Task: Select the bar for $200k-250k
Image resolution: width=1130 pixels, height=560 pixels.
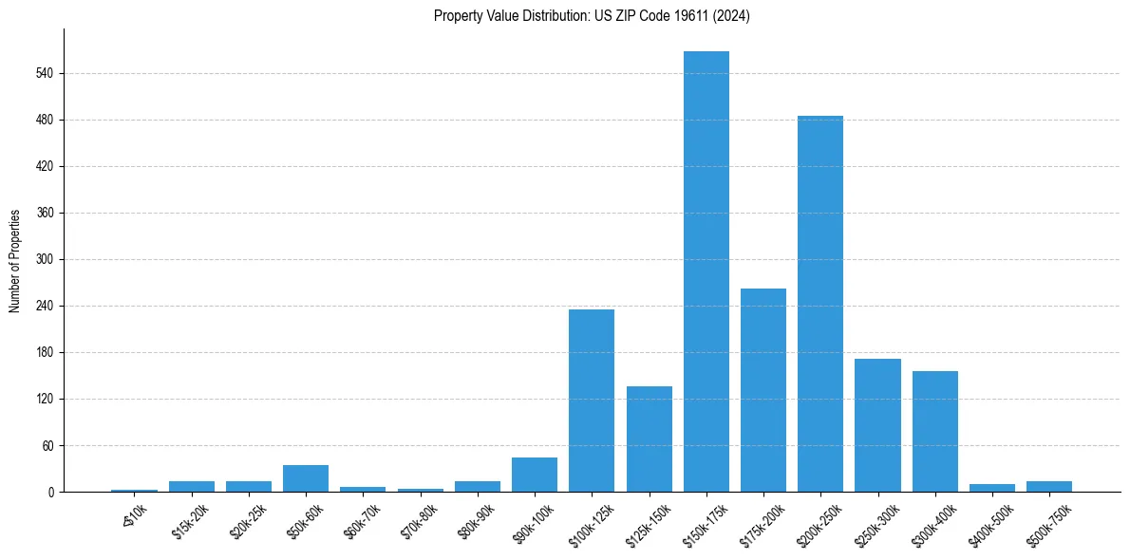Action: pyautogui.click(x=820, y=304)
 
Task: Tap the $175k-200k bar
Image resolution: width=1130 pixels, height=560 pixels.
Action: pyautogui.click(x=763, y=390)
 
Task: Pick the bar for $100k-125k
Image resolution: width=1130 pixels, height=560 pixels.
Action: pyautogui.click(x=592, y=401)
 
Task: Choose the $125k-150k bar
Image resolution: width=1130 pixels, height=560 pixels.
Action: pyautogui.click(x=650, y=439)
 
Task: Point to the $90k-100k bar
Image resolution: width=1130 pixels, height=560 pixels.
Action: pyautogui.click(x=535, y=475)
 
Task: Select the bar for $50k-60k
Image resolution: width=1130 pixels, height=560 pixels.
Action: pyautogui.click(x=306, y=478)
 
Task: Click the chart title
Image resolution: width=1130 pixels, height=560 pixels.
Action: pyautogui.click(x=592, y=16)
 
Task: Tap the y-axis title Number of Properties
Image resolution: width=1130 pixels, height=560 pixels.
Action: pyautogui.click(x=15, y=260)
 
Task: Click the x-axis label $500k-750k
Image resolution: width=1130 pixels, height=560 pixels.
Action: pyautogui.click(x=1048, y=520)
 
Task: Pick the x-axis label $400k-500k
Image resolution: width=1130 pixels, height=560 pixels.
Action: pyautogui.click(x=991, y=520)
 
